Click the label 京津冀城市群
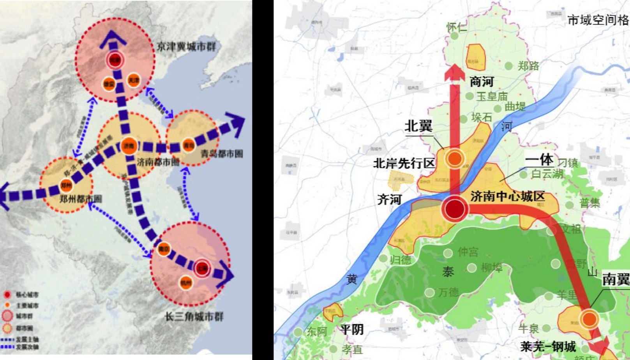186,47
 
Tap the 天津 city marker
134,80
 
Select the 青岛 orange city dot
189,145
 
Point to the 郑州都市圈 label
81,199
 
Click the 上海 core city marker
202,268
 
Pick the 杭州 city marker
186,282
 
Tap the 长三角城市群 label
194,316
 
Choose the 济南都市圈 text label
158,161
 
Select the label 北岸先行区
404,163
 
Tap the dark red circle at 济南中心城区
455,209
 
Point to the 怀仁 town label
457,27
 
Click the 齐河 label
389,199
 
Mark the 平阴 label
352,329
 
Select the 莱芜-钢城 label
548,346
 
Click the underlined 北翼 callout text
418,126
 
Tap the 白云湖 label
547,173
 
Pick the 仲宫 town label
468,252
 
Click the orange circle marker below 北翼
455,159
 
